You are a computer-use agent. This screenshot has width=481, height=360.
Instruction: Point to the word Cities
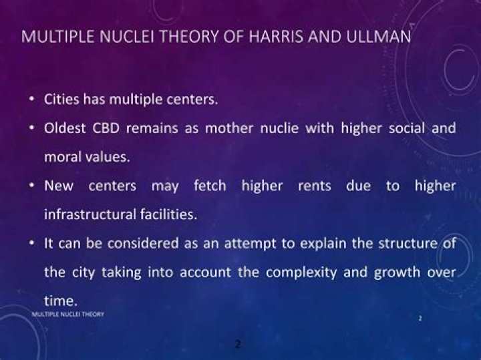click(62, 100)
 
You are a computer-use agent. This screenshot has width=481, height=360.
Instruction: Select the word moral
click(63, 157)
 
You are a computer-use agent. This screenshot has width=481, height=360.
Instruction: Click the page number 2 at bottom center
click(238, 344)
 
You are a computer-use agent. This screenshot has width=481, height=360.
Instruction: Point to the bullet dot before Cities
click(31, 100)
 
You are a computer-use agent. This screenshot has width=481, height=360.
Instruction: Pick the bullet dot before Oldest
click(31, 129)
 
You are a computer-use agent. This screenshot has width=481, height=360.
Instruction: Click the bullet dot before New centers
click(31, 186)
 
